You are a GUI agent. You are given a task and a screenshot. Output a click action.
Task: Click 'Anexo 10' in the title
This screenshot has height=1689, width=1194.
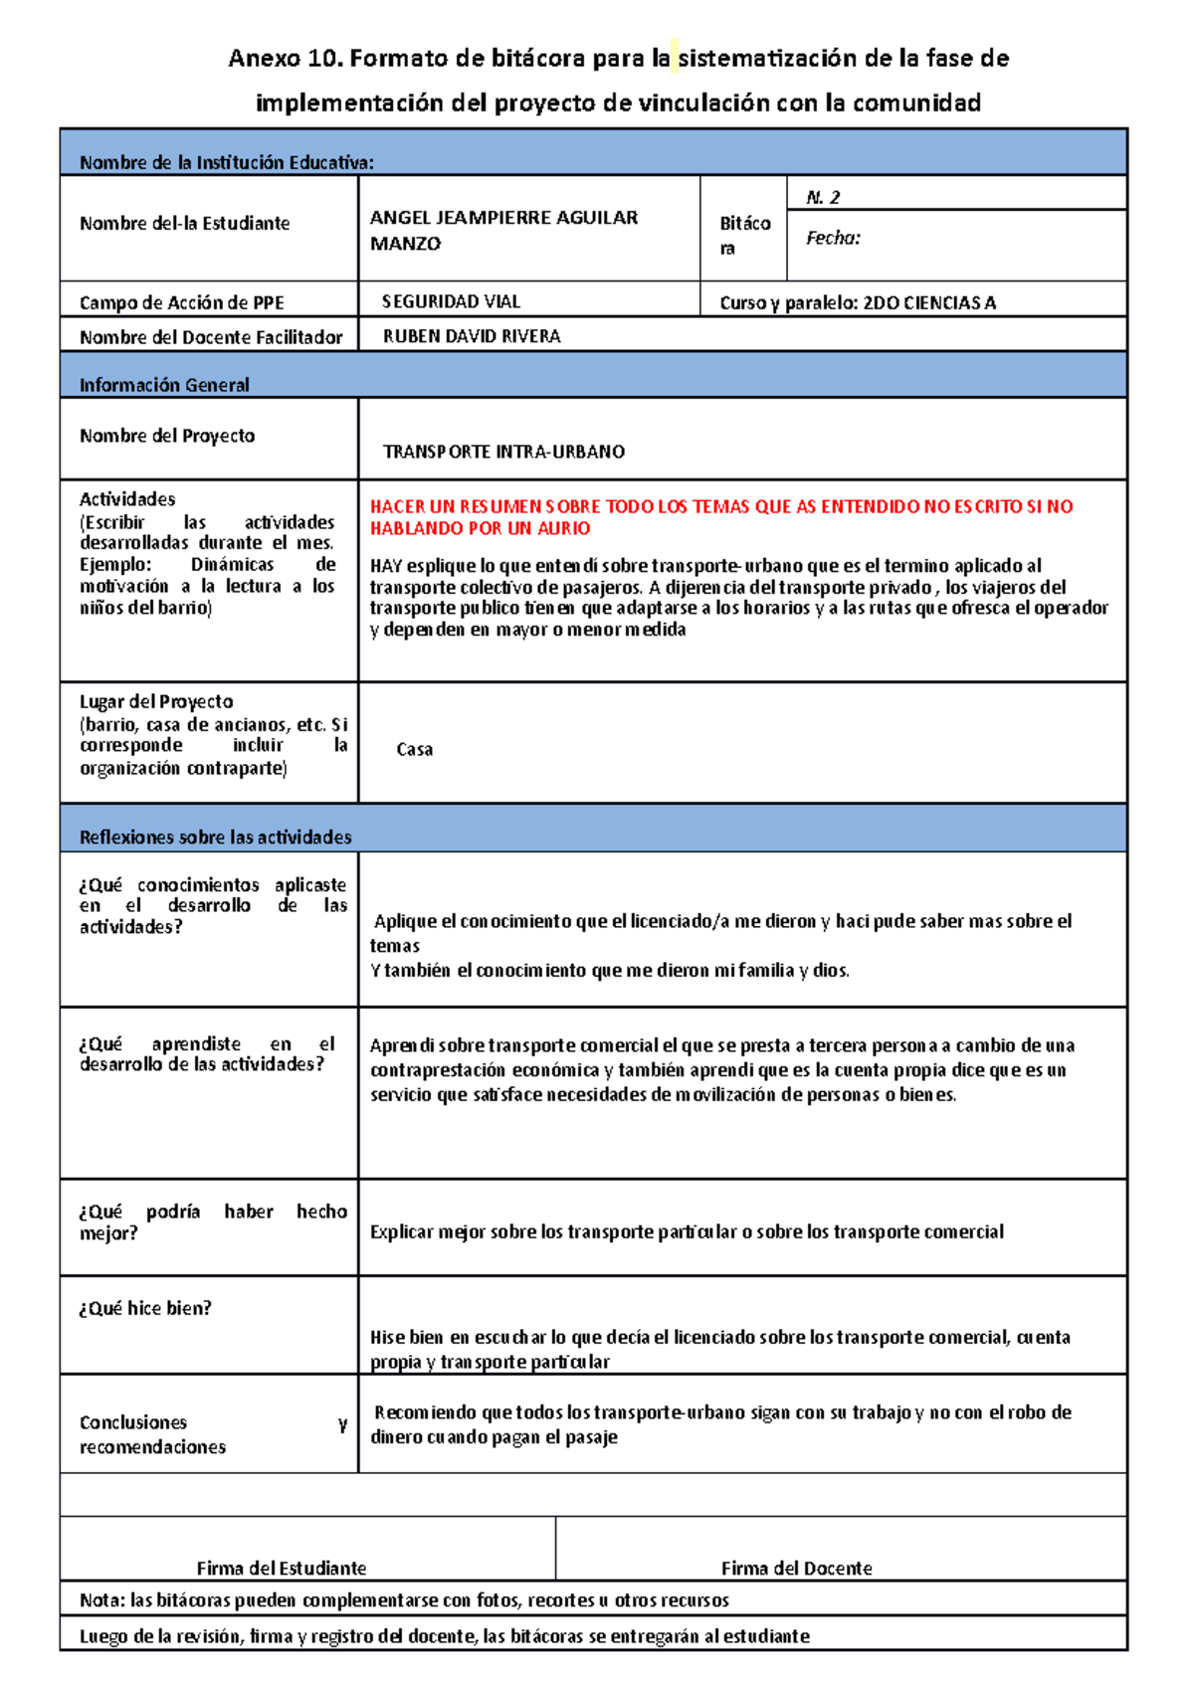(x=284, y=59)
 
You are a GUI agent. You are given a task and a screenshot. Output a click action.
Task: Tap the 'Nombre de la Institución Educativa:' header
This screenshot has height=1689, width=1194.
(x=227, y=162)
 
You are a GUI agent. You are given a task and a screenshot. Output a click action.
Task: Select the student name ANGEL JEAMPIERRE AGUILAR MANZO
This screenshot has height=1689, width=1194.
(x=503, y=230)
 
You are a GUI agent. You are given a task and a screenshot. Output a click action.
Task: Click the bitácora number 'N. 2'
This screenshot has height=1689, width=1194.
(x=823, y=197)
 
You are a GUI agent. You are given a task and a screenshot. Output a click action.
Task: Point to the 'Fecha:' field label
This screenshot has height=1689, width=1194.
(x=833, y=238)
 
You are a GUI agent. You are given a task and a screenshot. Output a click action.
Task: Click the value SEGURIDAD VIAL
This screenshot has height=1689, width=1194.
(x=451, y=301)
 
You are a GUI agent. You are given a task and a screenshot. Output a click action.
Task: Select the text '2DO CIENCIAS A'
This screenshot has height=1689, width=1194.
(x=929, y=302)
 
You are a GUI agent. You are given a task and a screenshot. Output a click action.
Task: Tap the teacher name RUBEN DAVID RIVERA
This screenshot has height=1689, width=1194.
(x=472, y=336)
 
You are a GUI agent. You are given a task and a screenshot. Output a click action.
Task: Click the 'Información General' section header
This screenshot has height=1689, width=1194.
(x=164, y=385)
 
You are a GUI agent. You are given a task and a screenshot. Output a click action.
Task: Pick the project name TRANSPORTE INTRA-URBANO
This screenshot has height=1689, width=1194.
(x=503, y=452)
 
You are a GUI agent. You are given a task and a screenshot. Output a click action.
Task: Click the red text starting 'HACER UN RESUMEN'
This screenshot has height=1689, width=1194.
(x=720, y=516)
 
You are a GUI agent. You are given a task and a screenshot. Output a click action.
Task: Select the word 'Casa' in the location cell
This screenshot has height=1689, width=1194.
(x=414, y=749)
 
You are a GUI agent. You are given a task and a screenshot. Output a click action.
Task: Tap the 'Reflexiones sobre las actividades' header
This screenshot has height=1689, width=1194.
(x=215, y=838)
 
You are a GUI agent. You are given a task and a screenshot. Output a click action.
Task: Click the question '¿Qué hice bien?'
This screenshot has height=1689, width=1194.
(x=145, y=1309)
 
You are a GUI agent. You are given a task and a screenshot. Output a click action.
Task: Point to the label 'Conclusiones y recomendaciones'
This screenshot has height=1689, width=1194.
(x=152, y=1434)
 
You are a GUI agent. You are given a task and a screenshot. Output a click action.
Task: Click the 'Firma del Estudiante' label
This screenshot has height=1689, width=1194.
(x=282, y=1569)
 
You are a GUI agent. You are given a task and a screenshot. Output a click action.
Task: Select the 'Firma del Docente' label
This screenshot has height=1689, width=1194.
(x=796, y=1569)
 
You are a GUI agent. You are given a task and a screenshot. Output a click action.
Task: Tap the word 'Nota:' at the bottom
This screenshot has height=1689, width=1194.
(x=102, y=1600)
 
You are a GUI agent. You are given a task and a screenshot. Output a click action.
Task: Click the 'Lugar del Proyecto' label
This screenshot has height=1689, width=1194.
(x=156, y=701)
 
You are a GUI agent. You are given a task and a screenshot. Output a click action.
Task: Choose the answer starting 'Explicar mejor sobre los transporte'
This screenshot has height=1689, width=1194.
(x=687, y=1231)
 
